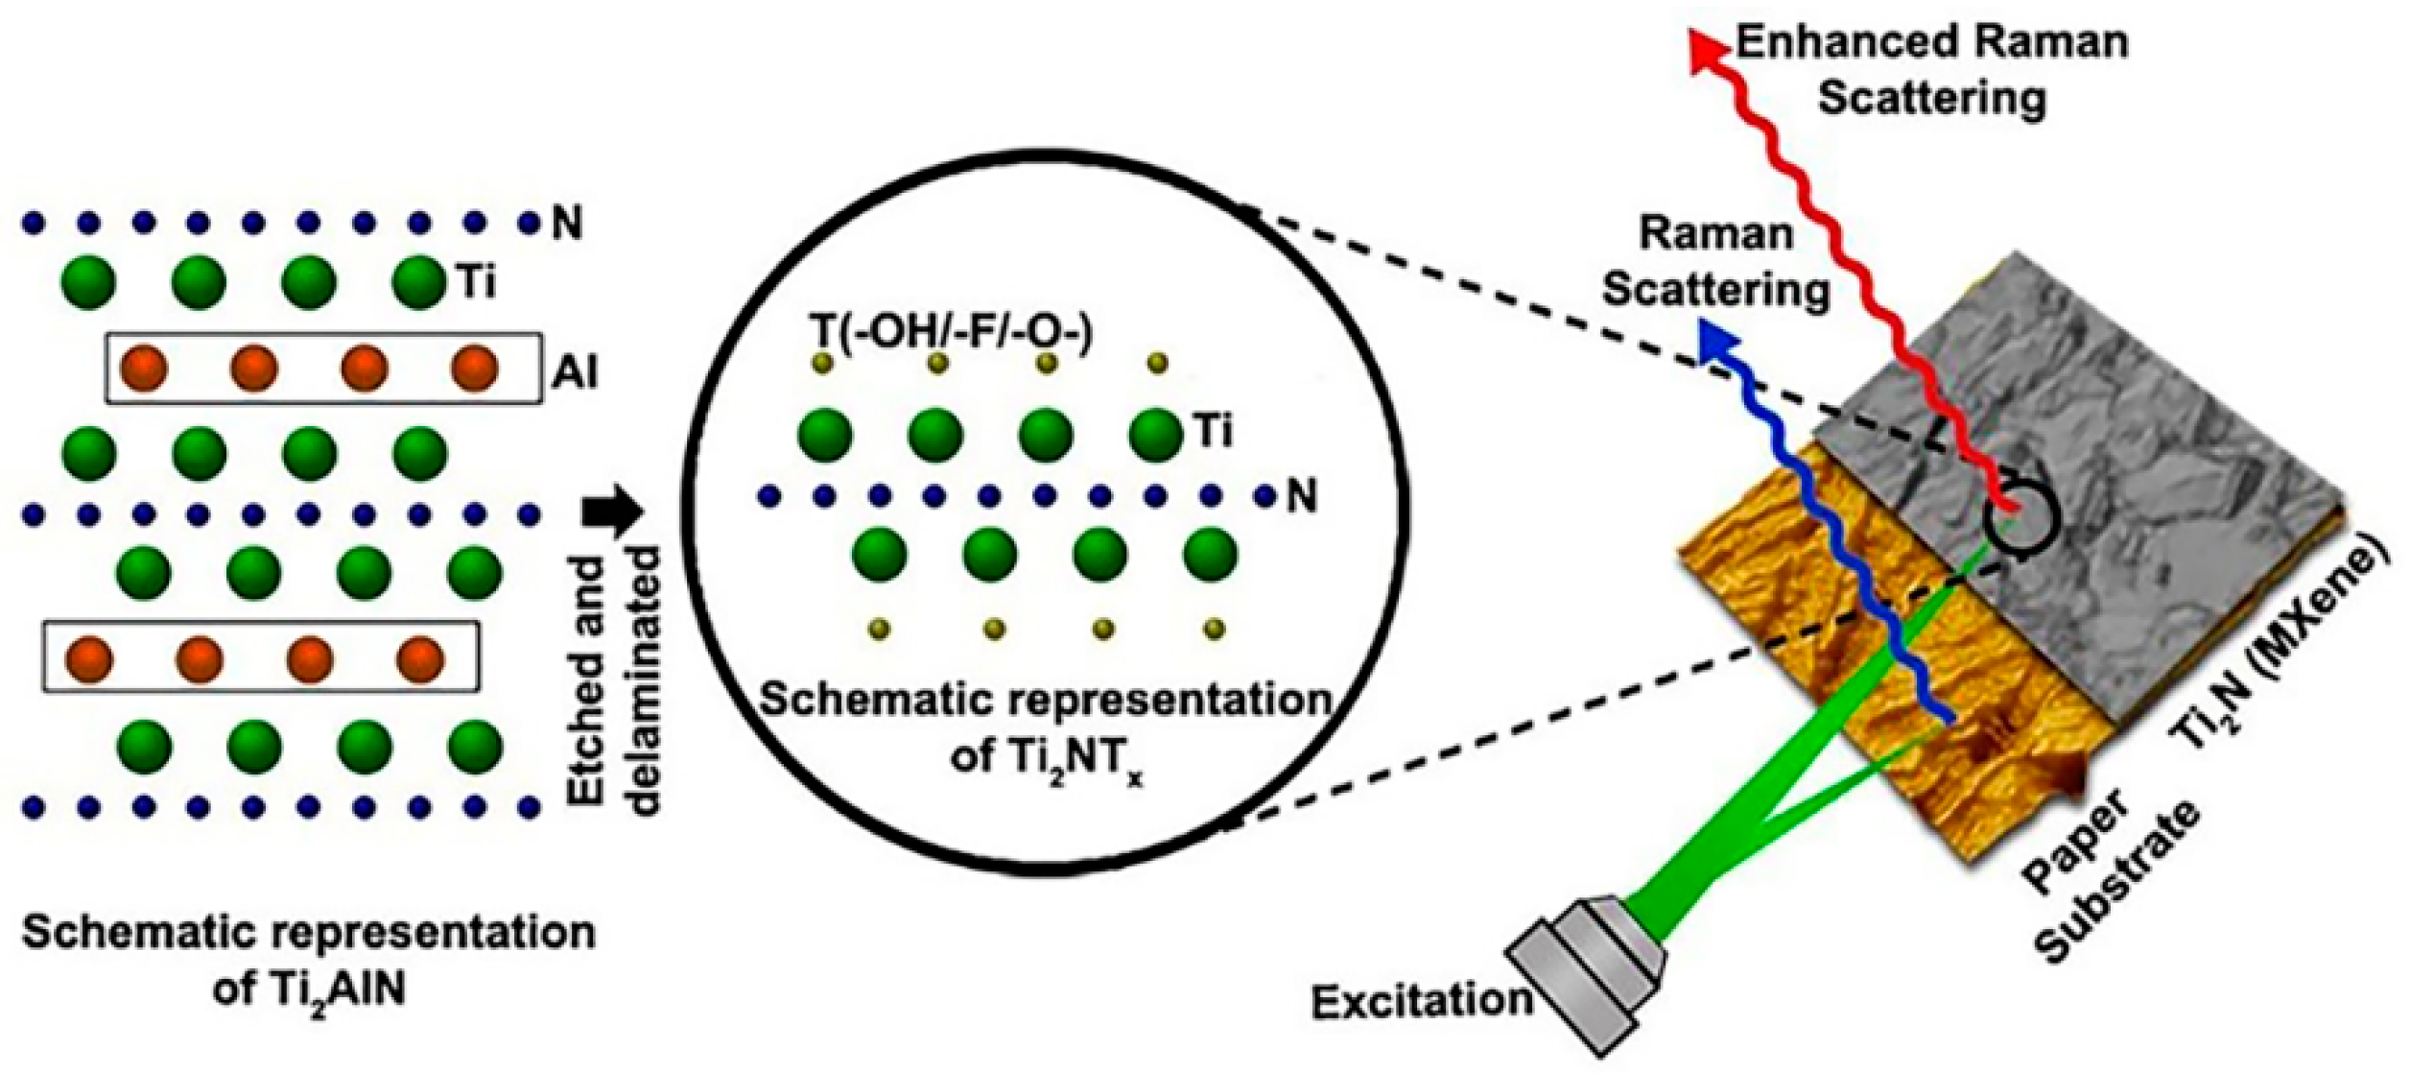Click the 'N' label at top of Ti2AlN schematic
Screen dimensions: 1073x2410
tap(567, 224)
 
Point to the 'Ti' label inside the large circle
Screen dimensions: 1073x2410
tap(1214, 431)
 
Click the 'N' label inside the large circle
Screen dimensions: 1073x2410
tap(1302, 496)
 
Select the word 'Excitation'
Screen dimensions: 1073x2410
tap(1421, 1001)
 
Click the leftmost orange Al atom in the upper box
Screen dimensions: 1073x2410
tap(144, 369)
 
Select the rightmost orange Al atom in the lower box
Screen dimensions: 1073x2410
tap(420, 658)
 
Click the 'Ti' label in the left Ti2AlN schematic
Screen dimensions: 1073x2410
tap(478, 283)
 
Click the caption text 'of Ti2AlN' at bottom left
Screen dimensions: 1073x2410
tap(308, 990)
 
